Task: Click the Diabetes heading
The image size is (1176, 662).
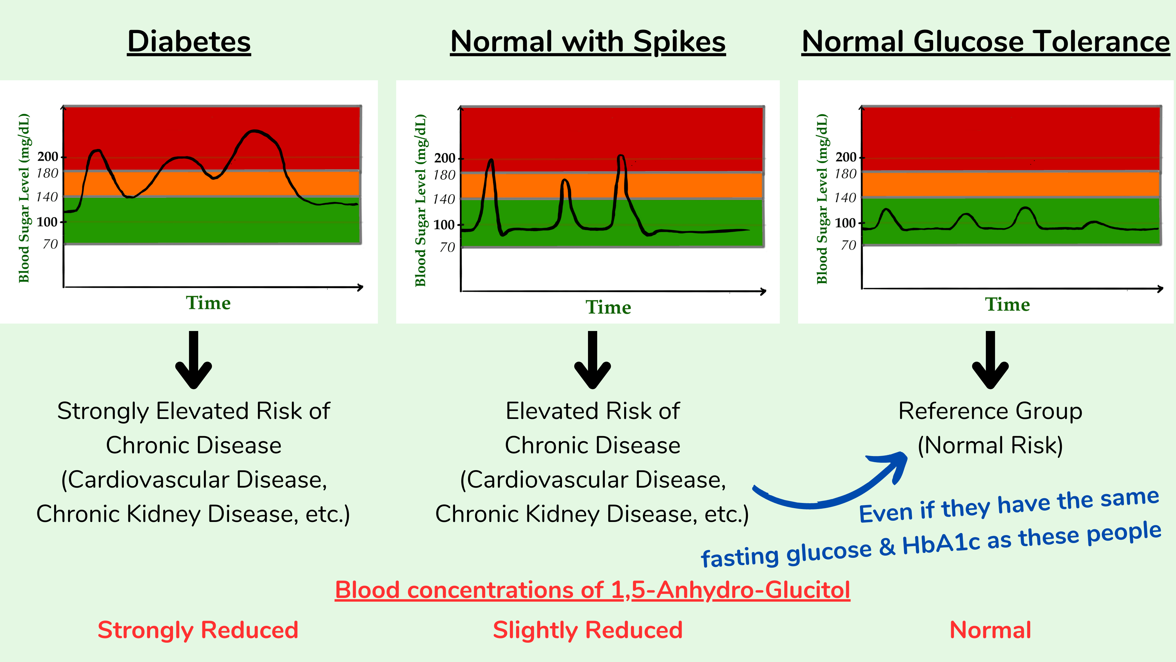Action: click(x=189, y=42)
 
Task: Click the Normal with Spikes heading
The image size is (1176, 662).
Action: click(x=588, y=42)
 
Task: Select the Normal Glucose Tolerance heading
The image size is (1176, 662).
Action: click(x=985, y=42)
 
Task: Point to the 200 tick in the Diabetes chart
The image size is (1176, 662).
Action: click(x=48, y=157)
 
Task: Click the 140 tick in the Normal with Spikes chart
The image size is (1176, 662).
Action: click(x=444, y=199)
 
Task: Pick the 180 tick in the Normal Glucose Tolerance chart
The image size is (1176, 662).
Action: click(x=846, y=174)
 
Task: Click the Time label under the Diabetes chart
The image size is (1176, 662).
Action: click(x=208, y=303)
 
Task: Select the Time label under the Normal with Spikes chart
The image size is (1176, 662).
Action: click(x=608, y=307)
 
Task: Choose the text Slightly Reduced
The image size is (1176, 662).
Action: click(x=588, y=630)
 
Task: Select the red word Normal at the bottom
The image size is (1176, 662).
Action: click(x=990, y=630)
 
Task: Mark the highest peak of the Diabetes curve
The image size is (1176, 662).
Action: click(x=255, y=131)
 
